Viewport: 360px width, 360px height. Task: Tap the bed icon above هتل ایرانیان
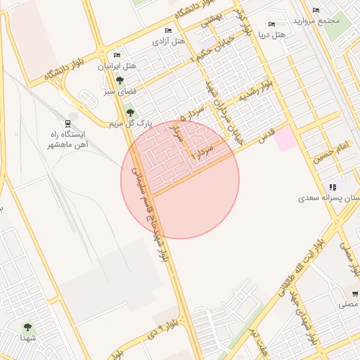pyautogui.click(x=117, y=55)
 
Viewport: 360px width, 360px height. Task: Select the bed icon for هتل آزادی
pyautogui.click(x=167, y=31)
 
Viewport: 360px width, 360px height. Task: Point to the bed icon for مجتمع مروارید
pyautogui.click(x=316, y=10)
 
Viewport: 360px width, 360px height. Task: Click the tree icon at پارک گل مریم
pyautogui.click(x=129, y=112)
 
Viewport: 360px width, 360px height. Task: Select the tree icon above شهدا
pyautogui.click(x=28, y=327)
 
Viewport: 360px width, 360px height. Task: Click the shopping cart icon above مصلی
pyautogui.click(x=355, y=293)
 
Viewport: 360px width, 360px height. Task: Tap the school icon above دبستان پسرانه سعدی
pyautogui.click(x=332, y=187)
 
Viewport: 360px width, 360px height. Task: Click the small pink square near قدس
pyautogui.click(x=285, y=139)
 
